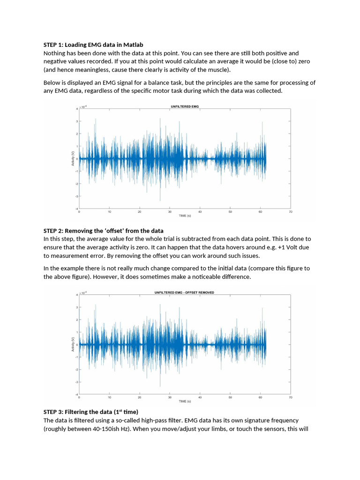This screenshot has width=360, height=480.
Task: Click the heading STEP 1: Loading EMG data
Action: pyautogui.click(x=93, y=45)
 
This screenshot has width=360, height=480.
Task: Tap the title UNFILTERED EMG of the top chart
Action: pyautogui.click(x=185, y=106)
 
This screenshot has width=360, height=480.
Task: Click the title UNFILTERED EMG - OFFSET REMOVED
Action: pyautogui.click(x=184, y=292)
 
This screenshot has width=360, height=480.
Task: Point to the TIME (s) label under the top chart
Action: pyautogui.click(x=185, y=216)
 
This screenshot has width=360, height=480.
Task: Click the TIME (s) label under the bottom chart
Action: pyautogui.click(x=185, y=402)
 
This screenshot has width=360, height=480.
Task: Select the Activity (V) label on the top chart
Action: pyautogui.click(x=73, y=158)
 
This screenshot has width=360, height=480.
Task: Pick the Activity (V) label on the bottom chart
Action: pyautogui.click(x=73, y=345)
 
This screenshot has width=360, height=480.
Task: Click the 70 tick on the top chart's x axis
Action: pyautogui.click(x=290, y=212)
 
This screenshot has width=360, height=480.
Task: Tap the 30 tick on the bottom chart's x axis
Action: pyautogui.click(x=170, y=397)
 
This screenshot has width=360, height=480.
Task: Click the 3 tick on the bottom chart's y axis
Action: pyautogui.click(x=76, y=307)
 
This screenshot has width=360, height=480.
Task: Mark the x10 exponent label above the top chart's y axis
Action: pyautogui.click(x=84, y=107)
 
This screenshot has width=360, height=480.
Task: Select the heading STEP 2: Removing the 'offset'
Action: pyautogui.click(x=104, y=231)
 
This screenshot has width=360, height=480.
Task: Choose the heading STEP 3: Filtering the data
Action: pyautogui.click(x=91, y=412)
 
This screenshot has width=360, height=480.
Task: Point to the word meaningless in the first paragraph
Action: pyautogui.click(x=85, y=70)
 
